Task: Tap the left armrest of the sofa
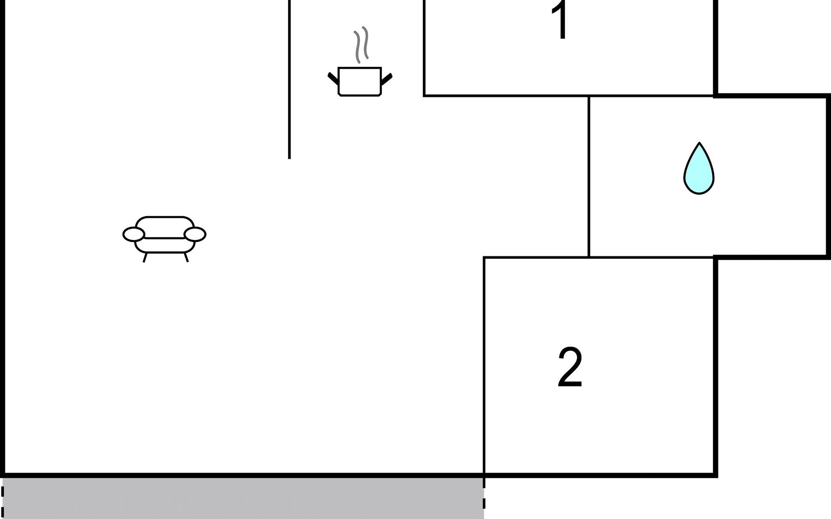pyautogui.click(x=133, y=234)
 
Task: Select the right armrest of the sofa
pyautogui.click(x=195, y=234)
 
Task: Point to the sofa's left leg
pyautogui.click(x=145, y=258)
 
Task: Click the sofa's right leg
pyautogui.click(x=186, y=257)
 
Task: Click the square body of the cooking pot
pyautogui.click(x=359, y=81)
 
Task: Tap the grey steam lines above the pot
pyautogui.click(x=361, y=44)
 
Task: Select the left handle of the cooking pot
pyautogui.click(x=333, y=78)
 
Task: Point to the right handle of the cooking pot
pyautogui.click(x=387, y=79)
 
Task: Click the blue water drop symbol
pyautogui.click(x=699, y=171)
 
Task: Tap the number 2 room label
pyautogui.click(x=570, y=368)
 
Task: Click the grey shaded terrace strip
pyautogui.click(x=242, y=498)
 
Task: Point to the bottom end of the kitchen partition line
pyautogui.click(x=290, y=157)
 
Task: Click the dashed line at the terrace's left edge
pyautogui.click(x=3, y=497)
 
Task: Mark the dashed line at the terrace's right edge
pyautogui.click(x=484, y=497)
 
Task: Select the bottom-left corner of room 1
pyautogui.click(x=425, y=95)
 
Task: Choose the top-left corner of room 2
pyautogui.click(x=484, y=258)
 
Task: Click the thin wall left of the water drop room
pyautogui.click(x=589, y=176)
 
